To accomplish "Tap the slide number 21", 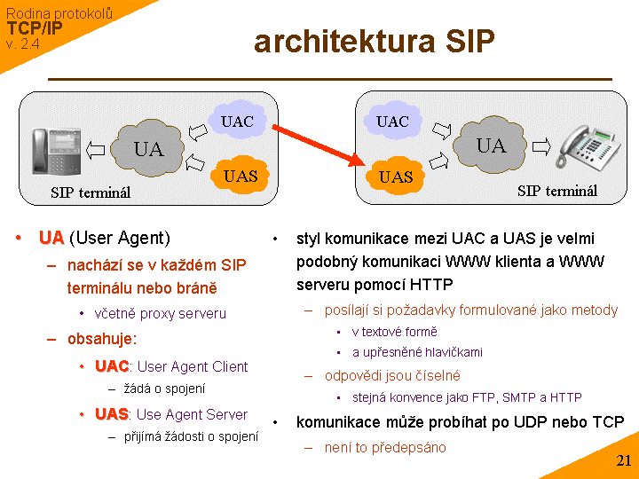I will click(623, 460).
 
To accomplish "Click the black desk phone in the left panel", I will click(52, 152).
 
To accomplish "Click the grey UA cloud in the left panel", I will click(148, 148).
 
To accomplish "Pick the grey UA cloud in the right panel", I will click(490, 145).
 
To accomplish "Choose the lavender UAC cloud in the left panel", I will click(237, 122).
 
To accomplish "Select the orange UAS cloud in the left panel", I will click(240, 175).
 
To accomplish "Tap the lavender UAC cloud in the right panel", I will click(392, 122).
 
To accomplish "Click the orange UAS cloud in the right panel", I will click(396, 177).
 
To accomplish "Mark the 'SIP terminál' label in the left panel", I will click(91, 192).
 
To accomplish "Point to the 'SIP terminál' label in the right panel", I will click(557, 191).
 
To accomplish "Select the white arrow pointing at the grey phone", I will click(540, 146).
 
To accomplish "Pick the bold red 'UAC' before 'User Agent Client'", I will click(112, 366).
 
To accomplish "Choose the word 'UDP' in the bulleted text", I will click(534, 421).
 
